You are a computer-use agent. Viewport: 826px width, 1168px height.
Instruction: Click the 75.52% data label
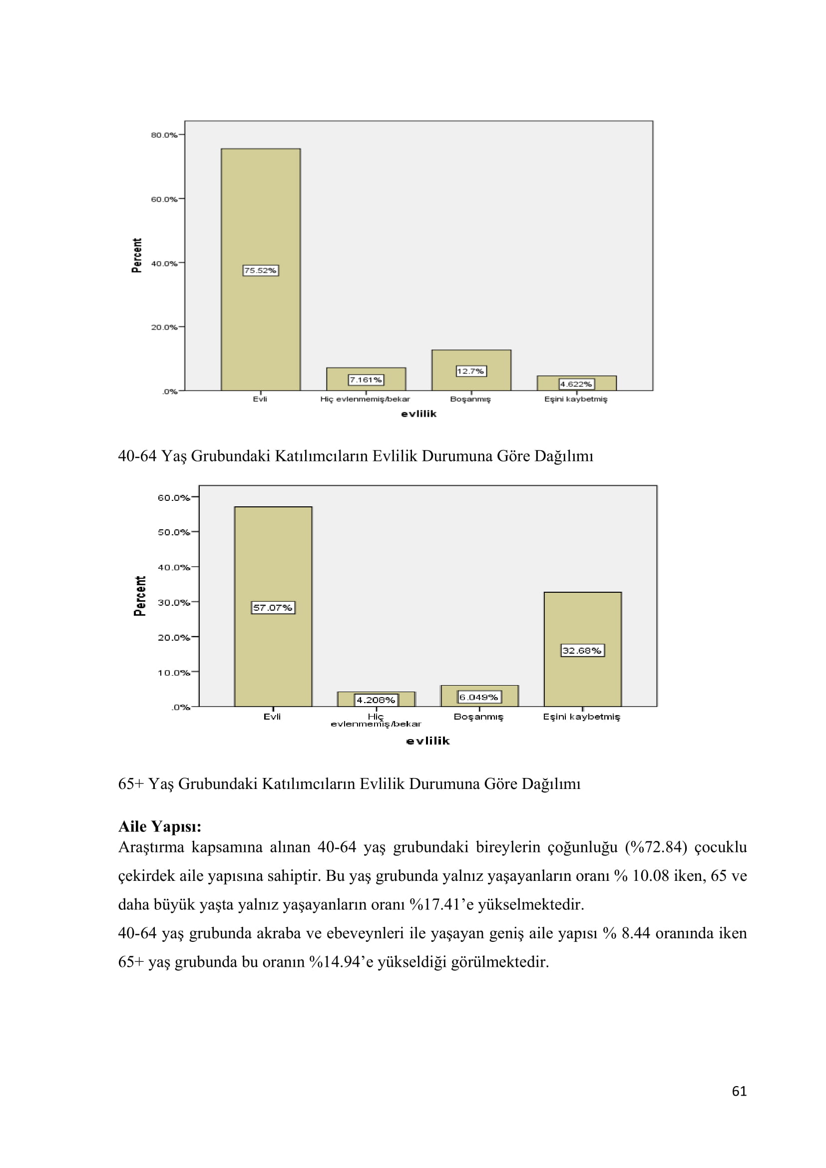[260, 270]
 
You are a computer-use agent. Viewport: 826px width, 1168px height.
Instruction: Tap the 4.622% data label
[576, 384]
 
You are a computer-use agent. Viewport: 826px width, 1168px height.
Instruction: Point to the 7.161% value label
[366, 380]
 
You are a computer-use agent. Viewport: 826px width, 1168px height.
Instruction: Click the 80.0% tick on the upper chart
[164, 135]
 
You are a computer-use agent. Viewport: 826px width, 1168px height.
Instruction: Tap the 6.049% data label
[479, 697]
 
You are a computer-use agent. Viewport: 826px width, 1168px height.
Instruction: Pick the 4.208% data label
[376, 700]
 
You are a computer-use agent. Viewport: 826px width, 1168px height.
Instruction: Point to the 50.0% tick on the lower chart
[173, 532]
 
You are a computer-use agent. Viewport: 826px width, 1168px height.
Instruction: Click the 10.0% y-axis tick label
[173, 673]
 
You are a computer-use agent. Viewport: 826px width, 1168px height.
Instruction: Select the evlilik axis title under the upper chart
[418, 413]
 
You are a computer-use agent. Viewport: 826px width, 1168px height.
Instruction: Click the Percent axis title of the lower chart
[140, 596]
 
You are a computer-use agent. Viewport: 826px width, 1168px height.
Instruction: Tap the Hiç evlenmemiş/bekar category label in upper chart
[365, 399]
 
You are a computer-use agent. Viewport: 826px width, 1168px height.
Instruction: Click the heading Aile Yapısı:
[160, 826]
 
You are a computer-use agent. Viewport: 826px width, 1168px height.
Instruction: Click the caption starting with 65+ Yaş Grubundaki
[349, 783]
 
